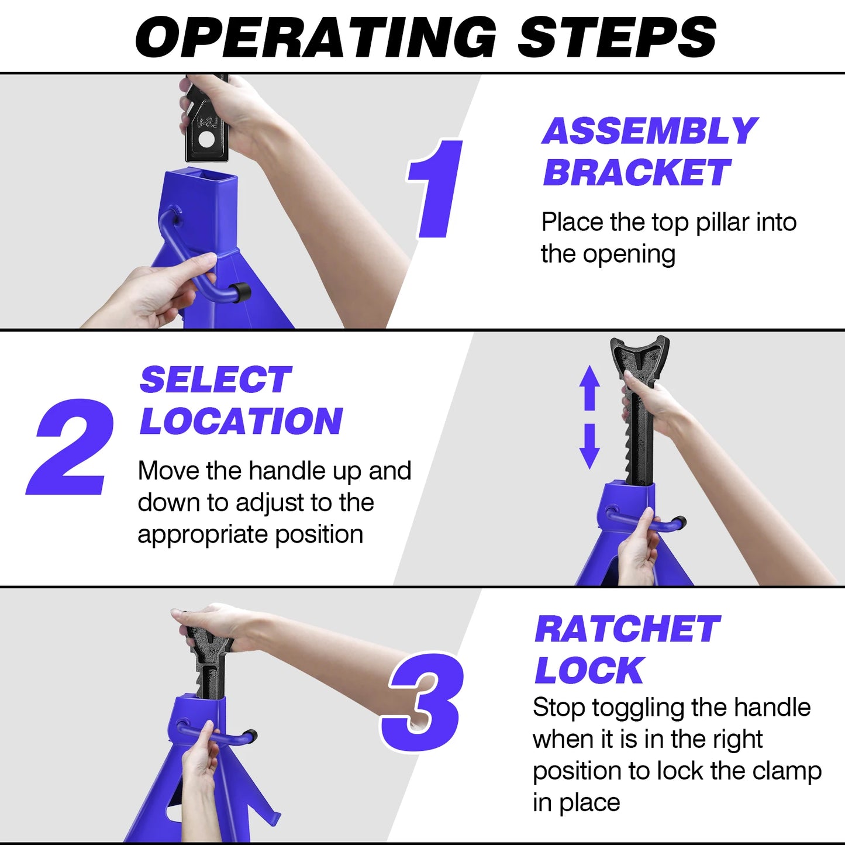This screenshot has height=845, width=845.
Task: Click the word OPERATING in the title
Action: [x=316, y=37]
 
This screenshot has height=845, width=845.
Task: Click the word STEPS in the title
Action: [x=616, y=37]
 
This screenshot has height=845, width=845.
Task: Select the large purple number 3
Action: [x=424, y=702]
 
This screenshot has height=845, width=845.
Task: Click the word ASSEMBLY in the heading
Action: [x=649, y=131]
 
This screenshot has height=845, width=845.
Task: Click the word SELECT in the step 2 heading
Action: [x=215, y=380]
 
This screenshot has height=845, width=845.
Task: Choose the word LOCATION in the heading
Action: [x=241, y=422]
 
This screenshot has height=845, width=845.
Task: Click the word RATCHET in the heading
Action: [x=627, y=629]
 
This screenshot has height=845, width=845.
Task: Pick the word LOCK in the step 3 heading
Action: [x=589, y=670]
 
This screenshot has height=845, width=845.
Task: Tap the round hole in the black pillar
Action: [x=206, y=140]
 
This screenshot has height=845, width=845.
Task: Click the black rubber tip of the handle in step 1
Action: [x=240, y=292]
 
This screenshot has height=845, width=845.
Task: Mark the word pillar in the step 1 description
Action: [x=722, y=222]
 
